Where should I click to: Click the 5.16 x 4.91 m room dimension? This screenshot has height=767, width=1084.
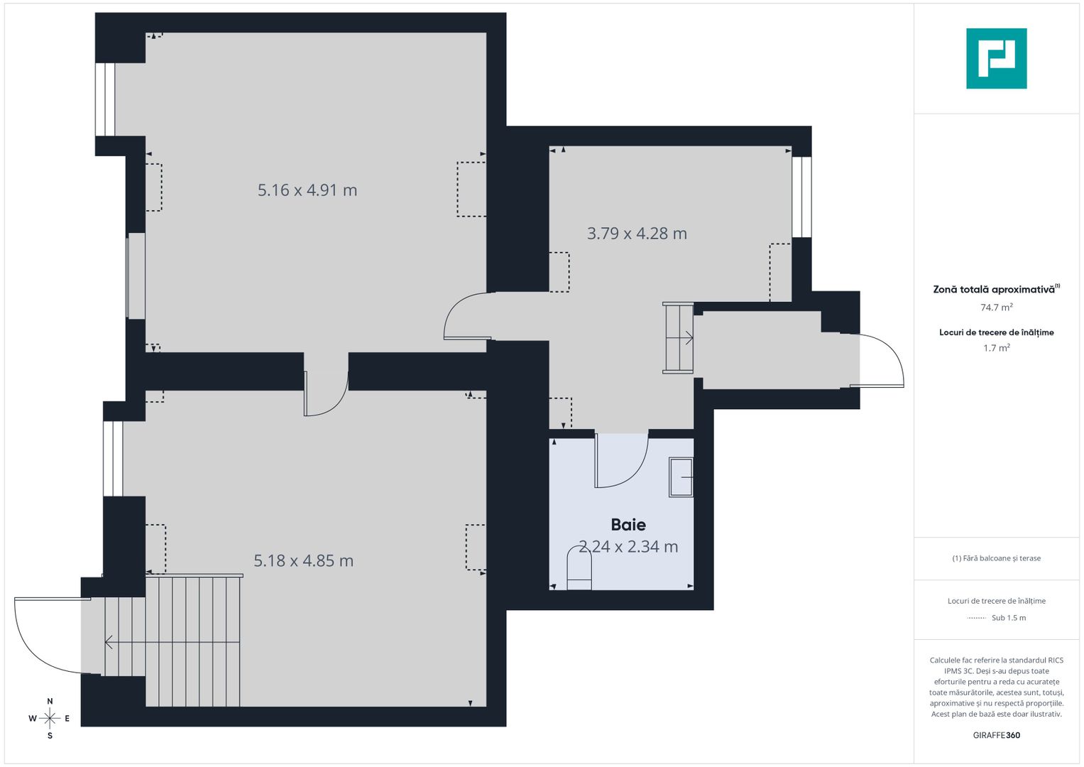307,190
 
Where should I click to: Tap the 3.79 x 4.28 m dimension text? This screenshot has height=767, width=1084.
637,234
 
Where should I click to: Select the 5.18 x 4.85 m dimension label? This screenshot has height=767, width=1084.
303,561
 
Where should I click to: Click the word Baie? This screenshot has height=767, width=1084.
628,525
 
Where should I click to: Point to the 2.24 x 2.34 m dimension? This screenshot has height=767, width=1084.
628,547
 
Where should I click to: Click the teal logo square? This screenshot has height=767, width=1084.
996,58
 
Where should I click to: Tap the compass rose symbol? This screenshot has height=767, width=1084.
50,718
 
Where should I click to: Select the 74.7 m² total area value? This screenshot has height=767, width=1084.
996,308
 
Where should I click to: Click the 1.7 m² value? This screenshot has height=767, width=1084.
996,348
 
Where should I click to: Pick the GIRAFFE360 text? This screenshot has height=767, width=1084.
996,735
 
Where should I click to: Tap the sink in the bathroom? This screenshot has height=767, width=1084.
681,477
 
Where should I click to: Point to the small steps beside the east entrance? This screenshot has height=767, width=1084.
679,337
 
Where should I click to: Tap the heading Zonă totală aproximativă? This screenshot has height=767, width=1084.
993,290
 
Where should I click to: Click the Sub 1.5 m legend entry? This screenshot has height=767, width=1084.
1008,618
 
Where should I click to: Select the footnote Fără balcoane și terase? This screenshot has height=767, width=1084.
996,558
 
